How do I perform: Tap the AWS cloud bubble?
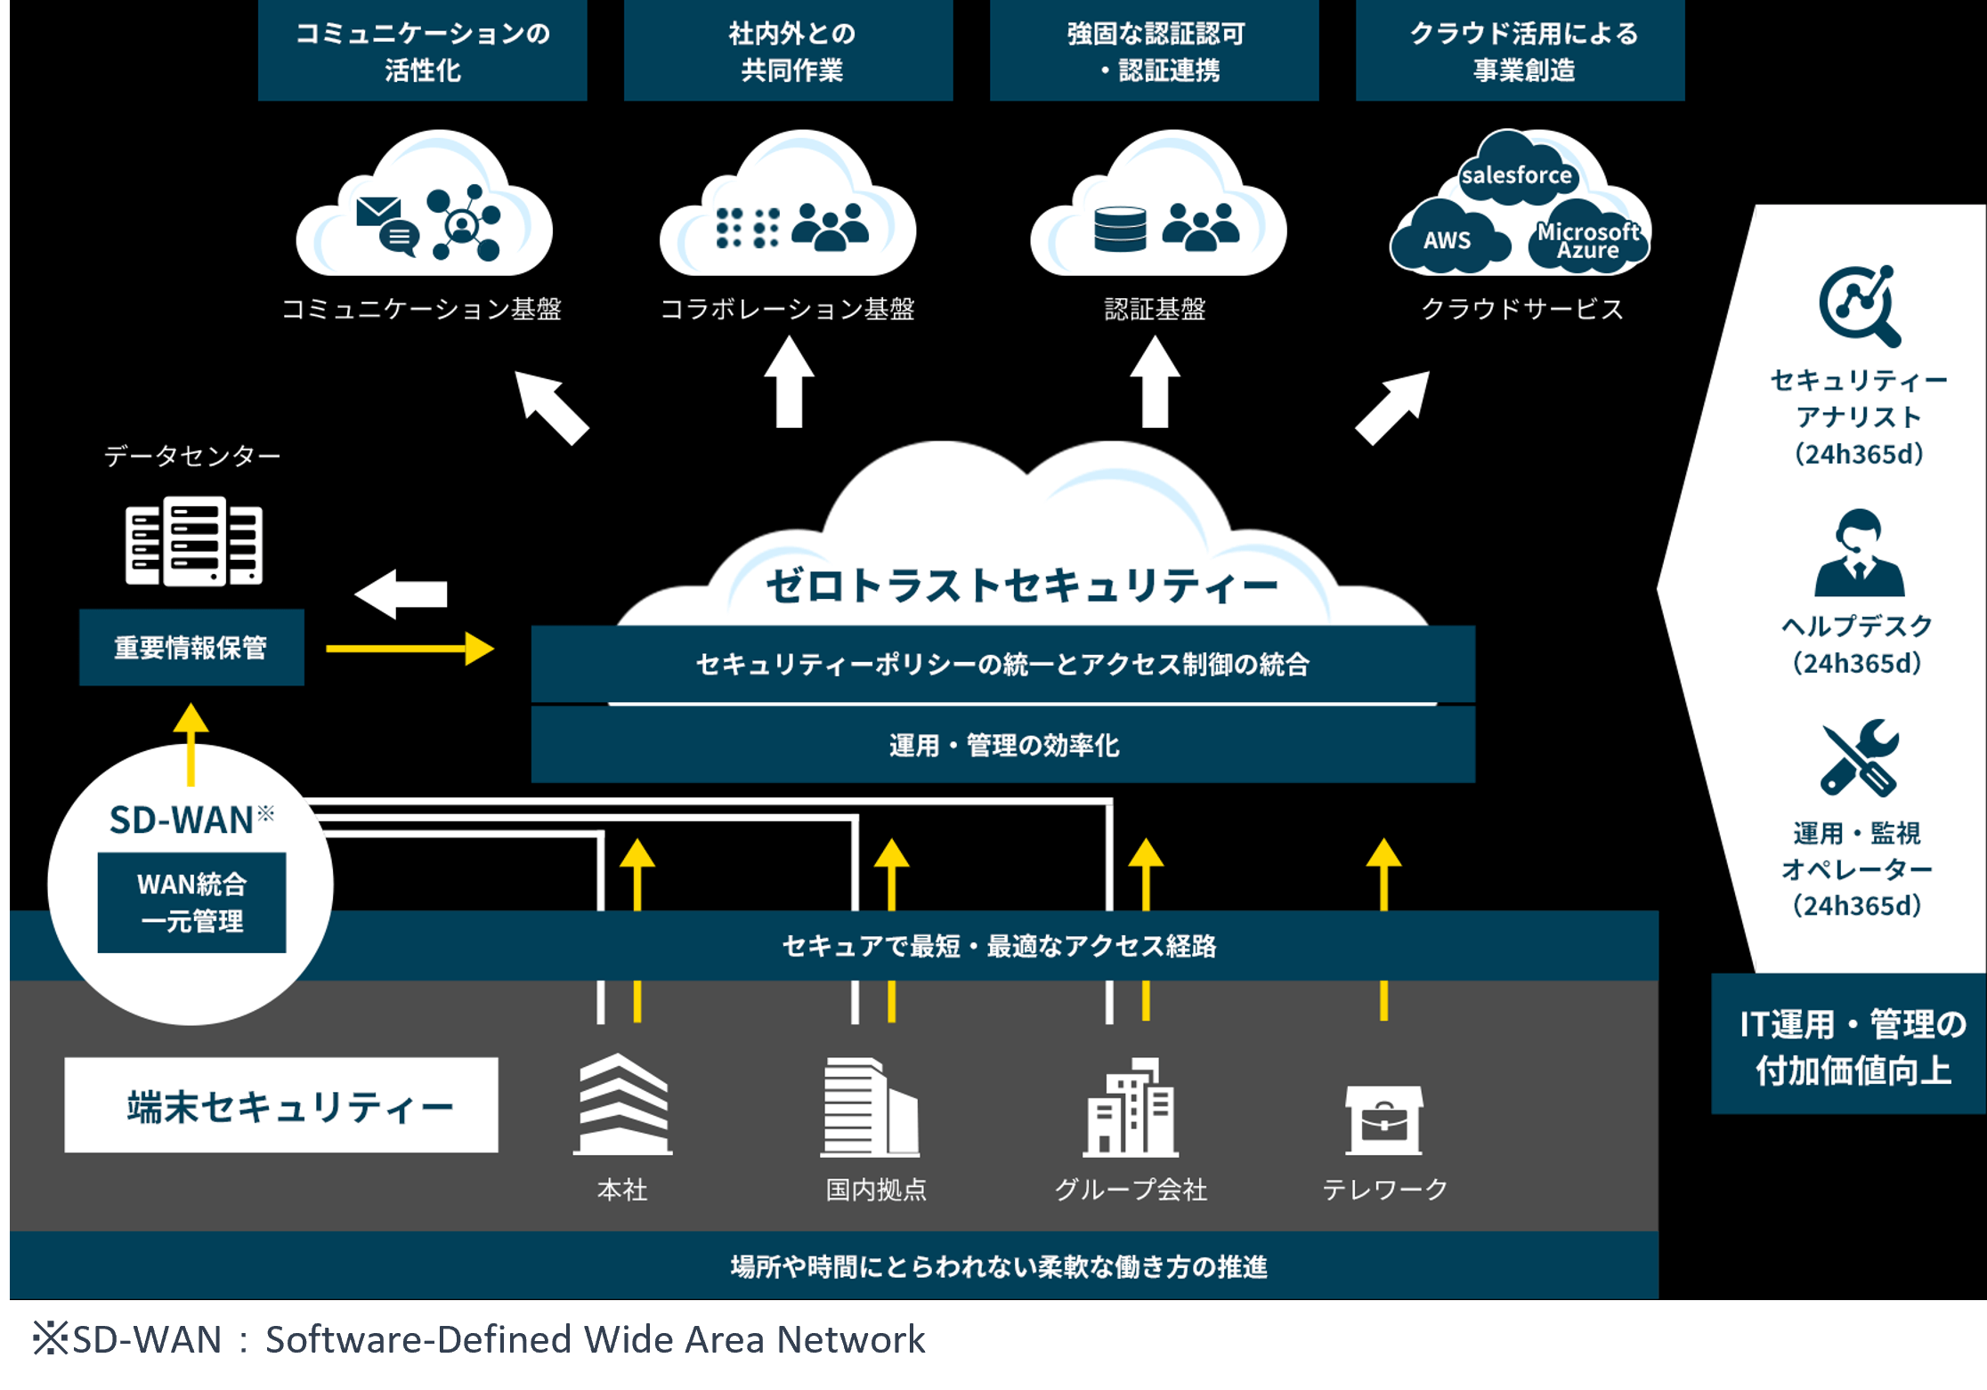[1448, 240]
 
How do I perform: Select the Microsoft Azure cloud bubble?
[1587, 241]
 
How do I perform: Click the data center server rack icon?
[194, 541]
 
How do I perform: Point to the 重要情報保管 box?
[191, 647]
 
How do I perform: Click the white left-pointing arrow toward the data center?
[401, 594]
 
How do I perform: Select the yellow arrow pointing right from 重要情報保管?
[410, 649]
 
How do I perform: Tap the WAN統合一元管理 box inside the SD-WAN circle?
[191, 902]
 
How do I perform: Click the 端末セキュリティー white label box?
[281, 1105]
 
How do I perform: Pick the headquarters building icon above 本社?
[623, 1104]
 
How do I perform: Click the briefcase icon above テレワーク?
[1383, 1119]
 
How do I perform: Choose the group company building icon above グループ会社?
[1131, 1108]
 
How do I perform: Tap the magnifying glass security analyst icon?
[1859, 305]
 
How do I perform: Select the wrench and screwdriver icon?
[1859, 757]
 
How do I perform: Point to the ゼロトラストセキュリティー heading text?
[1021, 586]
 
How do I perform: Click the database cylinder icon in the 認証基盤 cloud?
[1120, 229]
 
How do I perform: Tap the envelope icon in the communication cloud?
[377, 212]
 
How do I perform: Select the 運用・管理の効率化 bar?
[1002, 745]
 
